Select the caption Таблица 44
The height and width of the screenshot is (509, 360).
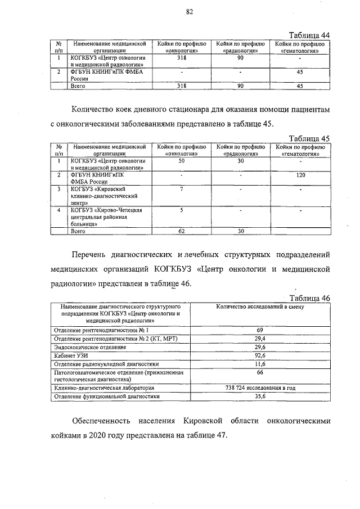pos(309,34)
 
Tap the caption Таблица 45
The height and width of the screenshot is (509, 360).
pos(309,138)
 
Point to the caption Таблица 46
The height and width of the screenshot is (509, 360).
pos(309,298)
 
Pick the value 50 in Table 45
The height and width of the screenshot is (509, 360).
pos(181,161)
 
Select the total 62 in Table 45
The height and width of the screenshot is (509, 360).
pos(181,231)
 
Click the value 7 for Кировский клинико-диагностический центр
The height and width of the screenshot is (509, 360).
pos(181,190)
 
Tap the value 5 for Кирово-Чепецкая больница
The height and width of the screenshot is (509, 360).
pos(181,210)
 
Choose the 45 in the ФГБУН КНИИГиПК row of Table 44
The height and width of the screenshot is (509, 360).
pos(300,72)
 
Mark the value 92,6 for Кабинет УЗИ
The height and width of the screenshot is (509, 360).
pos(260,355)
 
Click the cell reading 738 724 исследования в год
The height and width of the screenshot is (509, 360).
pos(260,388)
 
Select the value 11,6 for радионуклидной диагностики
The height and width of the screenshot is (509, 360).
pos(260,364)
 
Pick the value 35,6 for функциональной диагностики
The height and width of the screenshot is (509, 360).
pos(260,396)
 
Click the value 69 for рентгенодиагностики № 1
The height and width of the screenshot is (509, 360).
pos(260,330)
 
